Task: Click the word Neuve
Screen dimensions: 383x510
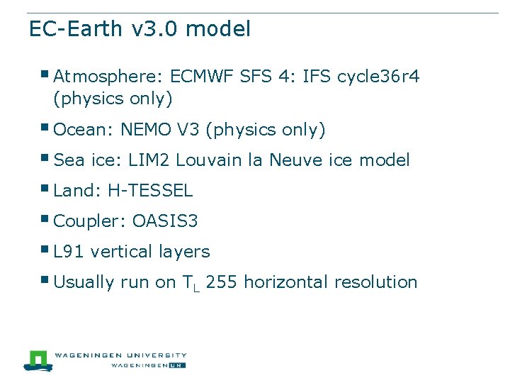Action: [x=300, y=160]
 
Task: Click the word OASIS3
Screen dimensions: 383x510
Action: [x=165, y=221]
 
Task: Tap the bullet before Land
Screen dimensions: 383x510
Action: [x=45, y=189]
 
